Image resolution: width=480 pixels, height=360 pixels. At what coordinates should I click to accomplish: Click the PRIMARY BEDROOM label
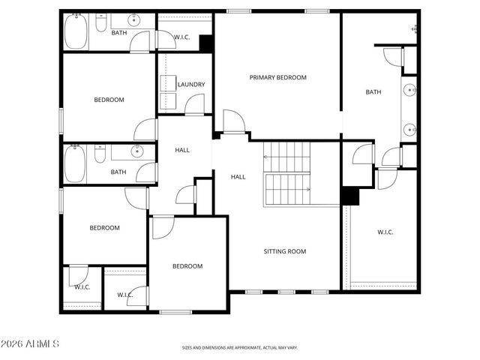pos(278,77)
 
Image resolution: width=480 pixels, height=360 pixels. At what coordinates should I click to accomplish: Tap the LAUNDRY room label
pos(191,85)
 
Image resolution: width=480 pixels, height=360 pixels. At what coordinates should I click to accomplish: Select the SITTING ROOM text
pos(284,251)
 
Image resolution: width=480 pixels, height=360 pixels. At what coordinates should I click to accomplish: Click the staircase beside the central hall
pos(286,174)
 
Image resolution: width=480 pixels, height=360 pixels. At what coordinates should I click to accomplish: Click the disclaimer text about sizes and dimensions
pos(240,347)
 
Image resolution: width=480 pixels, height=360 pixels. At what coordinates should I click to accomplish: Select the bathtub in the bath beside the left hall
pos(75,163)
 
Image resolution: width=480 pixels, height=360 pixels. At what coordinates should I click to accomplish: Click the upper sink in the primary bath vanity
pos(409,91)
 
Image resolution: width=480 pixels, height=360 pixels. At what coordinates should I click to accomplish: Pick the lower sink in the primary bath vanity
pos(409,129)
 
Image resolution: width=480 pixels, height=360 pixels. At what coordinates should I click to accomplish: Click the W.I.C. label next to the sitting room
pos(385,232)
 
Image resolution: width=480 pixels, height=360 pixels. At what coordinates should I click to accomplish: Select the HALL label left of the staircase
pos(238,177)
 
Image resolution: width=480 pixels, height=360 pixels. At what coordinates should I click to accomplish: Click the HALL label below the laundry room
pos(182,150)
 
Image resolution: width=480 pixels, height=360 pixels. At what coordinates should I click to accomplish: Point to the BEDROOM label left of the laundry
pos(109,100)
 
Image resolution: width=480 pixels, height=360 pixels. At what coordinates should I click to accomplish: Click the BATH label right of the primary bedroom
pos(373,92)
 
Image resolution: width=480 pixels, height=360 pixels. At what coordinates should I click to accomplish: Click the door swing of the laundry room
pos(194,105)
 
